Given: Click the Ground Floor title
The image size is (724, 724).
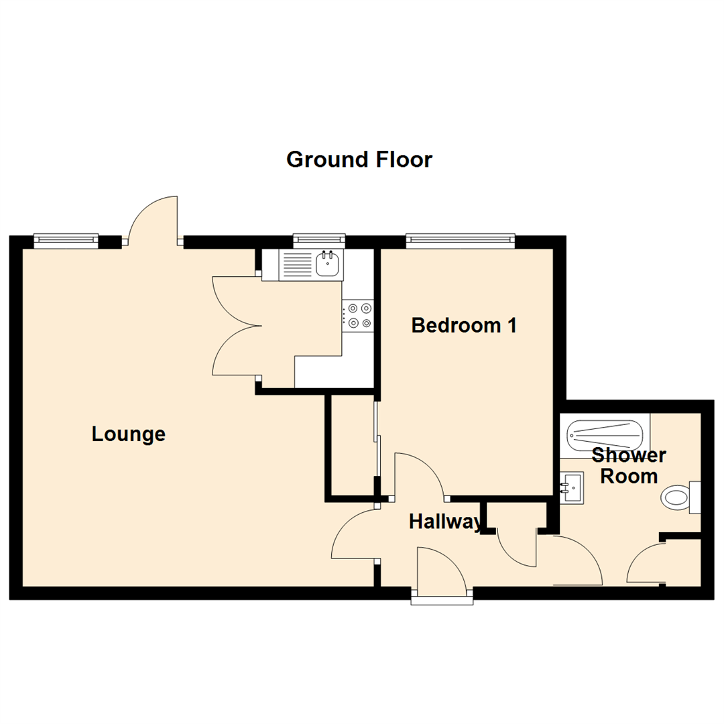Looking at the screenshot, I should coord(359,160).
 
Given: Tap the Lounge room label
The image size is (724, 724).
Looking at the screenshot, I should coord(128,434).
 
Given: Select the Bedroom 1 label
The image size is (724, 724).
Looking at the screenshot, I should coord(464,326).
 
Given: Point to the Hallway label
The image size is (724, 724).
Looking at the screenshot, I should coord(445,522).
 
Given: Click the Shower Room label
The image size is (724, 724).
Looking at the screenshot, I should coord(628,467).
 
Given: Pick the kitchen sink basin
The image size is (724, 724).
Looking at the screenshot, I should coord(328,264).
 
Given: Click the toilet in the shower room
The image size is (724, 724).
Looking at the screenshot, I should coord(675,497).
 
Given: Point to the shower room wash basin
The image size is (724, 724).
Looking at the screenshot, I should coord(571,487).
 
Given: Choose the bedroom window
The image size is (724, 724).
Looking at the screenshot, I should coord(460,241).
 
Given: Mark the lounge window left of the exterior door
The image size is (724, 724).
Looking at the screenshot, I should coord(66,241).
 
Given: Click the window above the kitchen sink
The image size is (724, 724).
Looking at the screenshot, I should coord(319,241).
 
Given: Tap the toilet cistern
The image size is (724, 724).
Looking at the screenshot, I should coord(695,497).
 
